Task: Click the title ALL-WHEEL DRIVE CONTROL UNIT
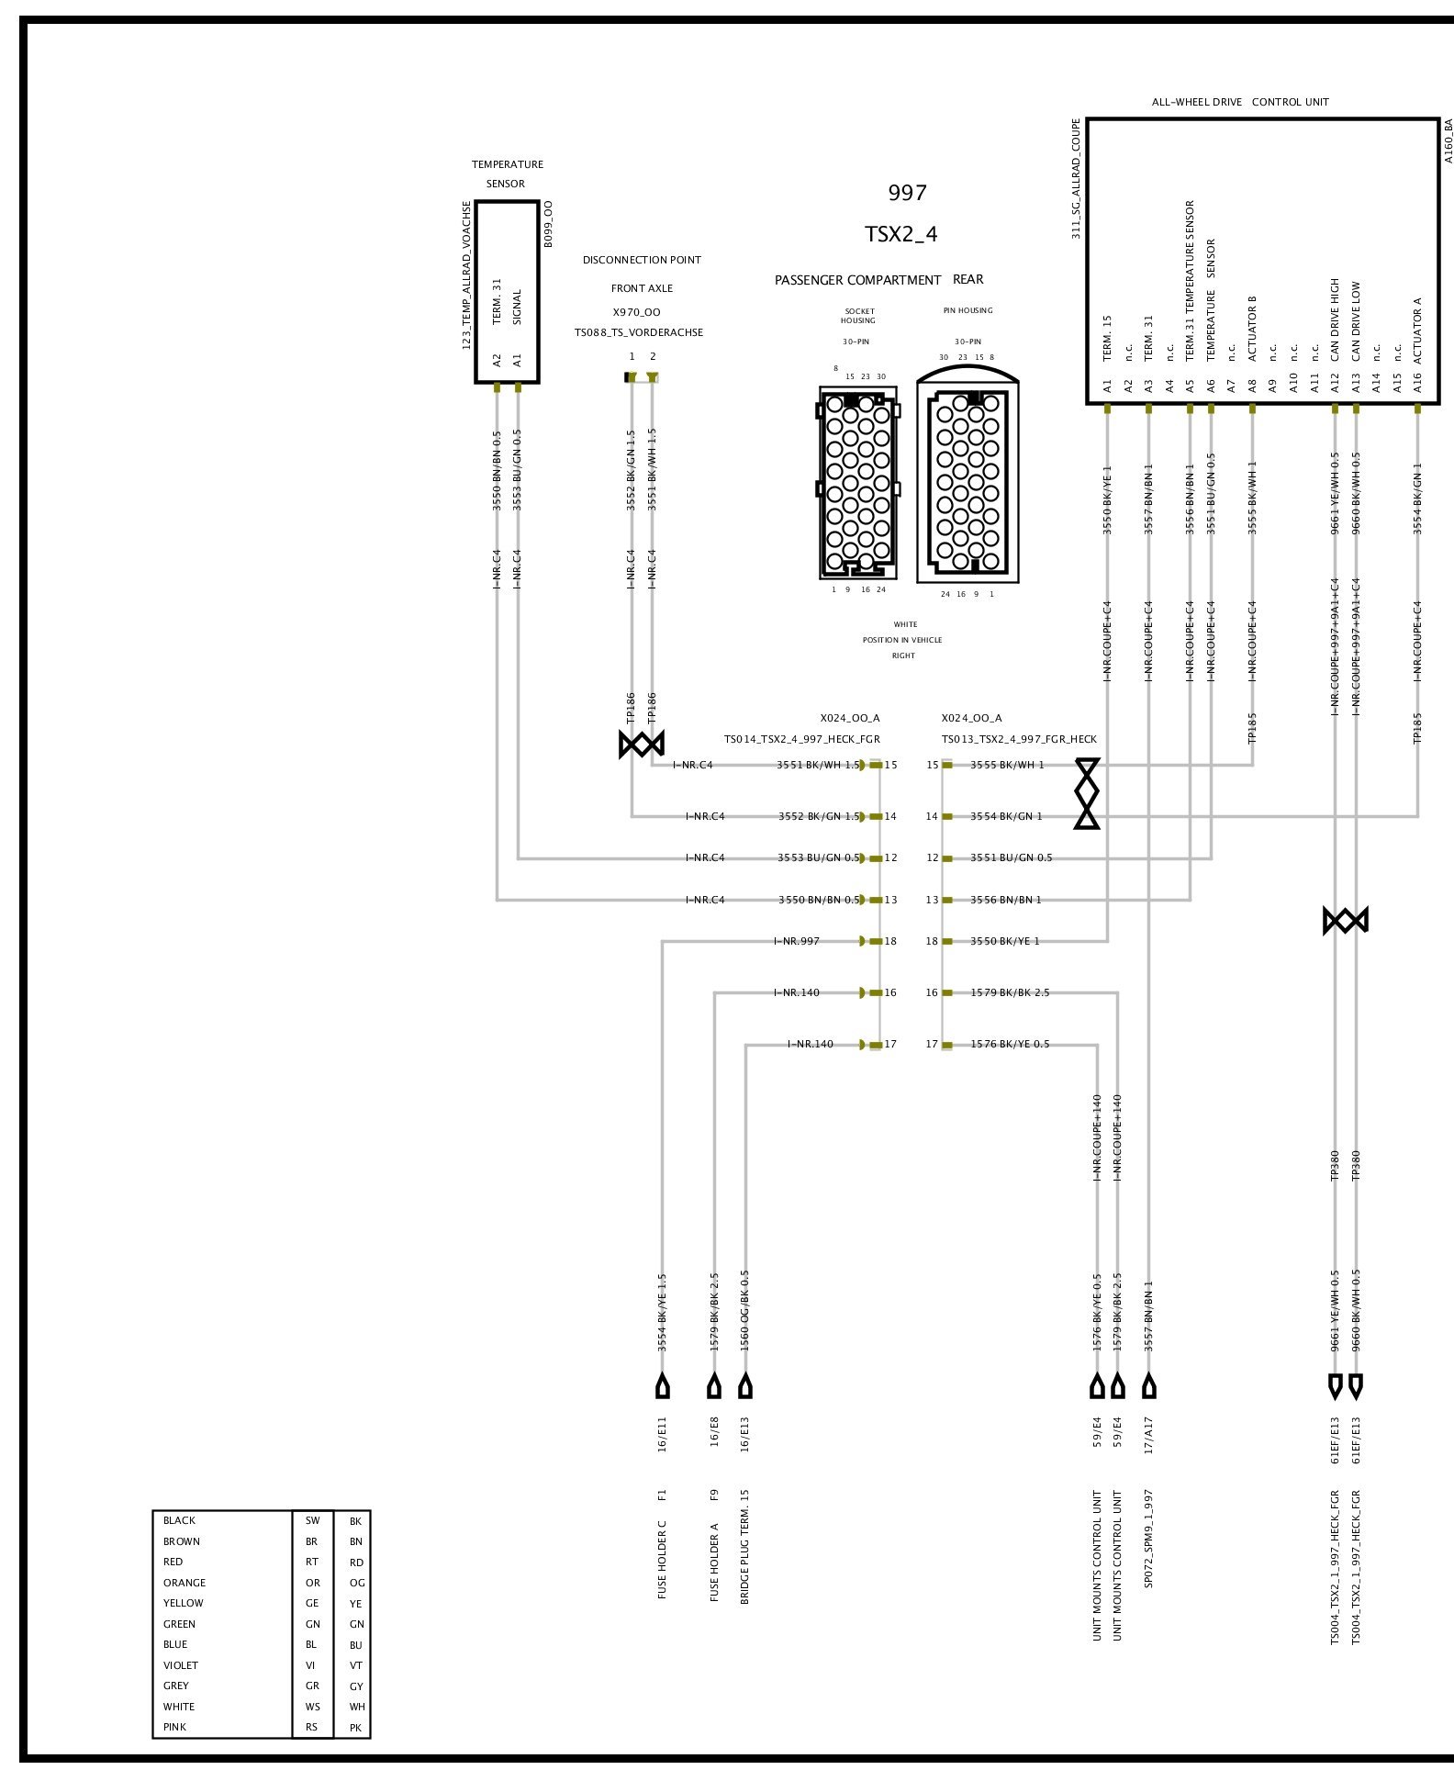[1239, 102]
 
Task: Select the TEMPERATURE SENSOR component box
[506, 292]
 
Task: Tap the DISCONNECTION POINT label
[642, 260]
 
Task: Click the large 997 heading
[907, 193]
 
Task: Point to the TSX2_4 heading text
[900, 234]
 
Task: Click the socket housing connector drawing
[857, 483]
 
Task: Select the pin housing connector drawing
[967, 483]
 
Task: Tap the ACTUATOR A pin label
[1417, 330]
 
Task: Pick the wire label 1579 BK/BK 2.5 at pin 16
[1010, 992]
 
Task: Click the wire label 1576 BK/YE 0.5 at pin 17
[1010, 1044]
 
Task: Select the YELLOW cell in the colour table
[184, 1603]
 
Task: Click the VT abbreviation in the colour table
[356, 1665]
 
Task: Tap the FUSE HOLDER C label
[662, 1560]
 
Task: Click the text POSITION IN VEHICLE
[901, 640]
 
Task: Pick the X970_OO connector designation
[636, 312]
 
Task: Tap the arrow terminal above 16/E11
[662, 1386]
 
